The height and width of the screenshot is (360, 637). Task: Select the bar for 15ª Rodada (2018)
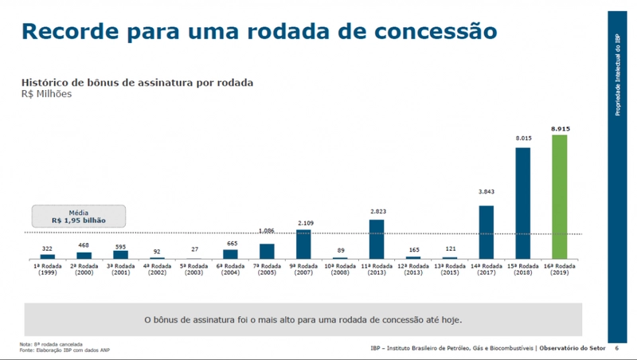[522, 203]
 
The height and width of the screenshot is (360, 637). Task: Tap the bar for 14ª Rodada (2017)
[486, 232]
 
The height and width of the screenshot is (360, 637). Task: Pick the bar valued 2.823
[377, 239]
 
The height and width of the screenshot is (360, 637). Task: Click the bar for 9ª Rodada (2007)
[303, 244]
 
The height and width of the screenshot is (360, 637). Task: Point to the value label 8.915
[559, 128]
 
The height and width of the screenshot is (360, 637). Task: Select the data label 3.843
[487, 192]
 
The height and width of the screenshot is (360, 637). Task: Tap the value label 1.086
[267, 232]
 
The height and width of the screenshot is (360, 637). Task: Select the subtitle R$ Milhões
[46, 94]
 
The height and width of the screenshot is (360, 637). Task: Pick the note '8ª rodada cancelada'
[49, 344]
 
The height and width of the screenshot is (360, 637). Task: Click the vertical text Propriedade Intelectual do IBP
[618, 76]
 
